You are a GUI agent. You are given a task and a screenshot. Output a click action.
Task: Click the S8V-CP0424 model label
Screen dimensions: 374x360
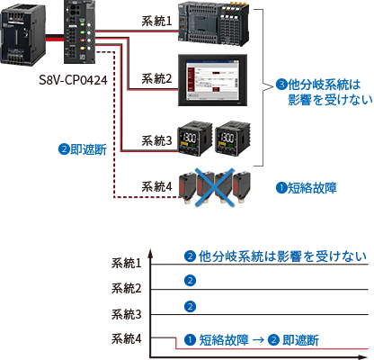click(73, 80)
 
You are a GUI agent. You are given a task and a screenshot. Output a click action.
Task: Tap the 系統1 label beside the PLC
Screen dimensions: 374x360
click(156, 21)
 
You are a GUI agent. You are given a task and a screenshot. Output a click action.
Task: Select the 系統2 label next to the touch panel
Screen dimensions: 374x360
click(156, 78)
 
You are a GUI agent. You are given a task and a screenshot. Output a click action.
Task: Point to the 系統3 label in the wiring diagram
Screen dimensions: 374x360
click(156, 140)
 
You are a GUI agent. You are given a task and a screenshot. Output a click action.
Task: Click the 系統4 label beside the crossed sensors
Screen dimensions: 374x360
click(156, 186)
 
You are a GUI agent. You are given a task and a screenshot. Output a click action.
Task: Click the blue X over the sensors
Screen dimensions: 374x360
click(214, 187)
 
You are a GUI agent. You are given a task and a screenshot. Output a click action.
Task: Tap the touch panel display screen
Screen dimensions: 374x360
click(212, 80)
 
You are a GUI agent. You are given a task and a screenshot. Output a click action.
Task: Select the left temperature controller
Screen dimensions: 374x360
click(194, 138)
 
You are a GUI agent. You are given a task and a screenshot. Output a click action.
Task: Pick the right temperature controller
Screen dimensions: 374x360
click(233, 138)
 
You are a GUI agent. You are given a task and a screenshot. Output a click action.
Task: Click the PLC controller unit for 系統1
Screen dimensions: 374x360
click(214, 24)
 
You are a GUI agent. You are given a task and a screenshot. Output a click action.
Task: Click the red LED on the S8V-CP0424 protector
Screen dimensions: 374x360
click(82, 40)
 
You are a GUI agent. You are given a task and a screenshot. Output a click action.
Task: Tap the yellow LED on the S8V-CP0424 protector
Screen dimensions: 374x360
click(82, 48)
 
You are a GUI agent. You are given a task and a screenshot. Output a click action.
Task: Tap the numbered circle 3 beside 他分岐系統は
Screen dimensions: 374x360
click(281, 85)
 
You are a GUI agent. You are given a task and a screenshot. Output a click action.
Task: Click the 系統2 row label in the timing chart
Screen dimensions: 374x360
click(126, 288)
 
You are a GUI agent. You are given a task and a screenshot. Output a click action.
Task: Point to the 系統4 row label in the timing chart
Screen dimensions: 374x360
click(126, 338)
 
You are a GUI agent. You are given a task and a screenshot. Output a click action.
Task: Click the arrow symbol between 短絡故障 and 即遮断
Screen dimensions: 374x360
click(258, 340)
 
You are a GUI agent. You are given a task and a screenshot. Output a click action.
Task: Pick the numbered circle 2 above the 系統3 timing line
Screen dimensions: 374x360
click(190, 307)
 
